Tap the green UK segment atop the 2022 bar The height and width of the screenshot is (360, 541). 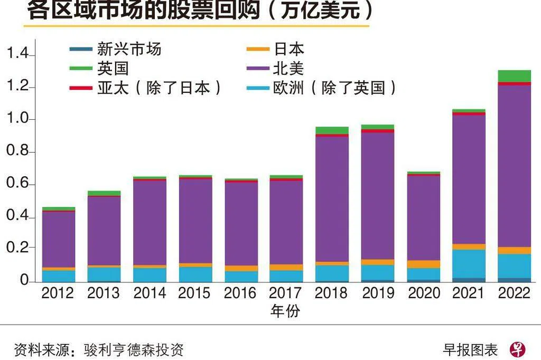[514, 76]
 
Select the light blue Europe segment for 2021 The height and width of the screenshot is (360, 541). [469, 263]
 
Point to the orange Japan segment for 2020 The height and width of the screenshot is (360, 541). [423, 264]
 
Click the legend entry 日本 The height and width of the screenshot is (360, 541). [288, 50]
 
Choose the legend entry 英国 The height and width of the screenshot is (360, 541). [113, 68]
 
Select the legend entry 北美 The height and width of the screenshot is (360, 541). [288, 68]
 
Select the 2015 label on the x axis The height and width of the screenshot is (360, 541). [195, 293]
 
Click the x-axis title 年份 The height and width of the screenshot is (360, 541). [285, 311]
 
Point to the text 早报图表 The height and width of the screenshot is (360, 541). [470, 349]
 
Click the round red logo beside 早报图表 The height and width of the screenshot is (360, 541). [518, 349]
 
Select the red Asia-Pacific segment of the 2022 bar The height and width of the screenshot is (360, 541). [514, 83]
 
